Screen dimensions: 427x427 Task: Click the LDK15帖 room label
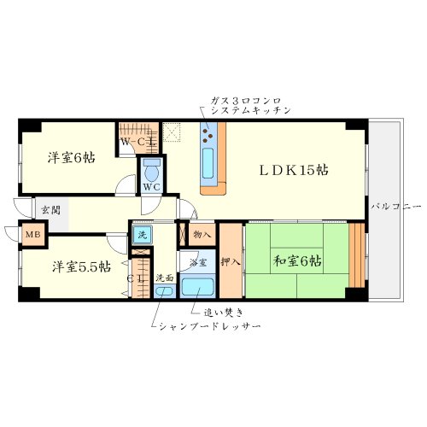294,170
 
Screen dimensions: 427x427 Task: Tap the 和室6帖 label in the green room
297,260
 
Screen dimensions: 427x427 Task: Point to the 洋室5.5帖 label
79,266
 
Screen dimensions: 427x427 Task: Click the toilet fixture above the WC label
152,166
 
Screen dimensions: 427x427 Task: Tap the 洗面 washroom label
165,278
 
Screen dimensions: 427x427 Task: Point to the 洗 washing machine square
141,234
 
